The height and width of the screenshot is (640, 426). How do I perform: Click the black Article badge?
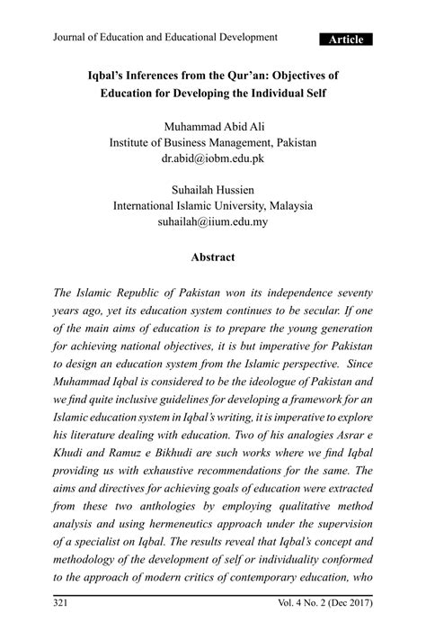346,40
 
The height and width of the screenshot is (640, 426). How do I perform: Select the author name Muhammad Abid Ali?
213,124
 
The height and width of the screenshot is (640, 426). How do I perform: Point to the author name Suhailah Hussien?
213,191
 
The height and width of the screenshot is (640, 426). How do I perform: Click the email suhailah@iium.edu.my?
213,223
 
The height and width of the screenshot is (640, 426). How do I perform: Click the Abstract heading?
213,257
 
